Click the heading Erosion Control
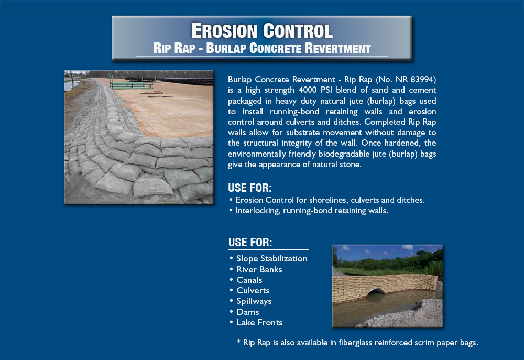tap(261, 31)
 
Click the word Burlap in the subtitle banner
tap(226, 48)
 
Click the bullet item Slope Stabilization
tap(271, 259)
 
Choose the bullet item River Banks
tap(259, 269)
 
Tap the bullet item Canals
tap(249, 280)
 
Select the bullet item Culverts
tap(253, 290)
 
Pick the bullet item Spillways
tap(254, 301)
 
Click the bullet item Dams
tap(248, 312)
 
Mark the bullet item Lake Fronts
tap(260, 323)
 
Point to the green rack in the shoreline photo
tap(131, 83)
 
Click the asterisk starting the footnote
tap(238, 341)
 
